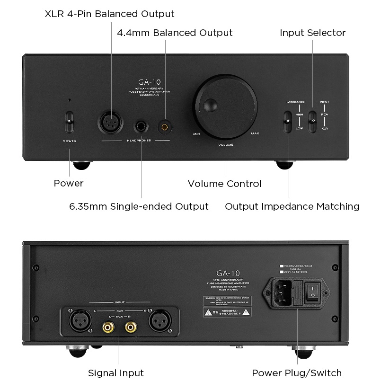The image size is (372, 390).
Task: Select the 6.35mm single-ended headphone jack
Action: pos(142,127)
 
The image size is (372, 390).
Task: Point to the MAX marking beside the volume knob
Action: pos(255,133)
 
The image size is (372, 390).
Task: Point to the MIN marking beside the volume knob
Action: pos(196,134)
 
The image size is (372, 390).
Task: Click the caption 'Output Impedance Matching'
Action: pos(292,206)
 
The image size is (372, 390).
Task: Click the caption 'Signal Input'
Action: pos(116,372)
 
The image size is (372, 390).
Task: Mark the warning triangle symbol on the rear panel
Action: pos(207,313)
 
